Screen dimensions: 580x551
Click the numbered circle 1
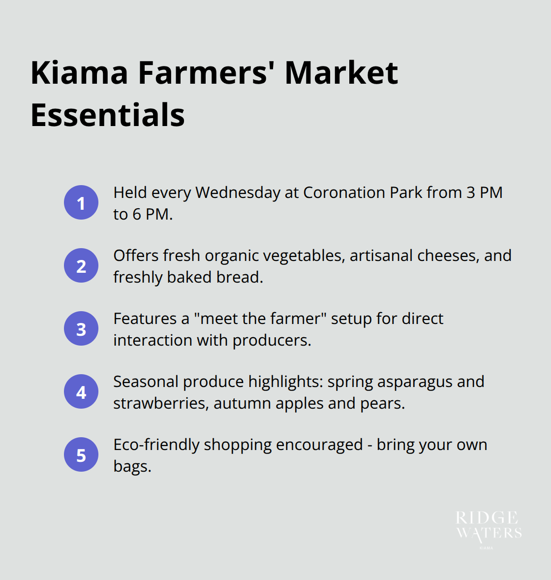point(81,202)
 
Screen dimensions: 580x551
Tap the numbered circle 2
point(81,265)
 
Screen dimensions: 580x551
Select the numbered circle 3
point(81,328)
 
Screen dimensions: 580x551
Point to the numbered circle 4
point(81,391)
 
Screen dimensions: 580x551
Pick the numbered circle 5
point(81,454)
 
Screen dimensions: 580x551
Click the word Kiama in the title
point(79,73)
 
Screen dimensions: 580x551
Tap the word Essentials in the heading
point(108,115)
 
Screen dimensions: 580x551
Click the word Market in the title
point(341,73)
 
